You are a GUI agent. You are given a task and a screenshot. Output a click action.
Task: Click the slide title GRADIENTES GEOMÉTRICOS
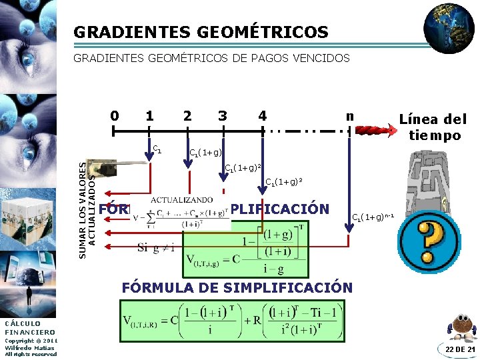[x=201, y=32]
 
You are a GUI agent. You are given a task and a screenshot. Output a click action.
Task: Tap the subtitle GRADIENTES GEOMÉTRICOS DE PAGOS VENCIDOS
[x=211, y=59]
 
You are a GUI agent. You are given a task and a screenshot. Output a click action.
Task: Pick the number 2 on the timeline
[x=187, y=116]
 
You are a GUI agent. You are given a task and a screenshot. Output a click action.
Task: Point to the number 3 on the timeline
[x=222, y=116]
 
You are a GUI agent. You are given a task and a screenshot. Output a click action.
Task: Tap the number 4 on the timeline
[x=262, y=116]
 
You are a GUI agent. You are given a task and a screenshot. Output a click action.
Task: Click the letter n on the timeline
[x=349, y=115]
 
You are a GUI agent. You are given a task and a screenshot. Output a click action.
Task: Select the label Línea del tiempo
[x=433, y=127]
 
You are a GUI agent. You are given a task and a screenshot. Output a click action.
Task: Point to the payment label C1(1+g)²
[x=242, y=167]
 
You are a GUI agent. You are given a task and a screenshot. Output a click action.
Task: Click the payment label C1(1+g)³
[x=285, y=181]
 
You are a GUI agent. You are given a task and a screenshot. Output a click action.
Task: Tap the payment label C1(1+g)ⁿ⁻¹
[x=373, y=217]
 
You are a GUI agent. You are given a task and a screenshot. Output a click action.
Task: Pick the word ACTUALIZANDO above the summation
[x=181, y=199]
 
